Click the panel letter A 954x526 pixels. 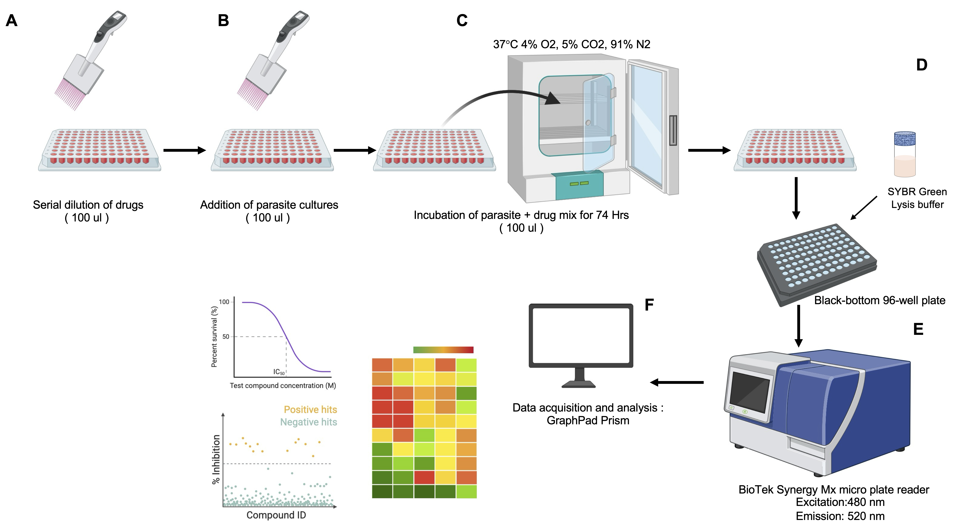click(12, 21)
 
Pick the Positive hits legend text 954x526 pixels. click(310, 410)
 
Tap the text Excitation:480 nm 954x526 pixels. click(840, 502)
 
